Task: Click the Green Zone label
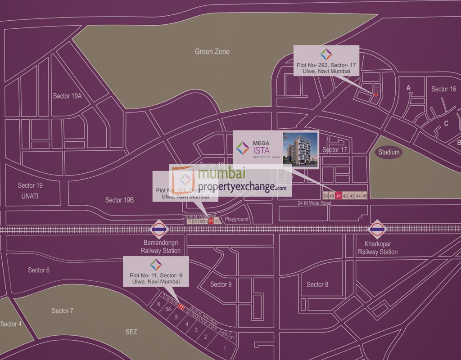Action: point(212,52)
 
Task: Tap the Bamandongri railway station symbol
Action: point(158,229)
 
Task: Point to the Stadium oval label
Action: point(389,152)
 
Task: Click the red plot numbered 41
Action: point(339,196)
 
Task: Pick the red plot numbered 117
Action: point(211,221)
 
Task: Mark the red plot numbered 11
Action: point(181,308)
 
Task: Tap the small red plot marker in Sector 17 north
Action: point(375,95)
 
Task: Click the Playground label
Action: point(237,220)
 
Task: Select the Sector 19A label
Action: point(67,96)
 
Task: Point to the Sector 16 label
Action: point(443,89)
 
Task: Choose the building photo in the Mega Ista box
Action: point(300,150)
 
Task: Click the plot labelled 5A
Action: point(168,310)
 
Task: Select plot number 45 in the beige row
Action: point(365,196)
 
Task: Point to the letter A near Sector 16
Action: point(409,88)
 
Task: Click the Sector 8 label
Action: point(317,284)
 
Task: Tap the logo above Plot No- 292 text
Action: point(326,54)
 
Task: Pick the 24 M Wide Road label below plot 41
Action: point(314,203)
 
